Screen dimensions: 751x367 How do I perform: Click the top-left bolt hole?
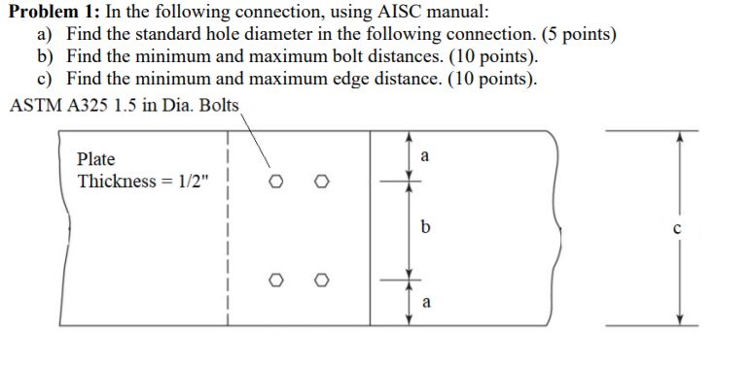tap(278, 182)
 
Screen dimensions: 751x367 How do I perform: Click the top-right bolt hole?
tap(322, 182)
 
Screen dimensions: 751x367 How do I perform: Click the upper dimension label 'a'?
tap(425, 155)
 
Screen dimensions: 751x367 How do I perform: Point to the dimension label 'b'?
tap(425, 228)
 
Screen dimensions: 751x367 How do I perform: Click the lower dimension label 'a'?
tap(425, 303)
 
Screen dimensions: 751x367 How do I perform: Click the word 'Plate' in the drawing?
tap(95, 159)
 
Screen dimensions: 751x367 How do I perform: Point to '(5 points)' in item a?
tap(577, 35)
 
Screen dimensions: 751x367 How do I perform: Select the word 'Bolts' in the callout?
tap(218, 105)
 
